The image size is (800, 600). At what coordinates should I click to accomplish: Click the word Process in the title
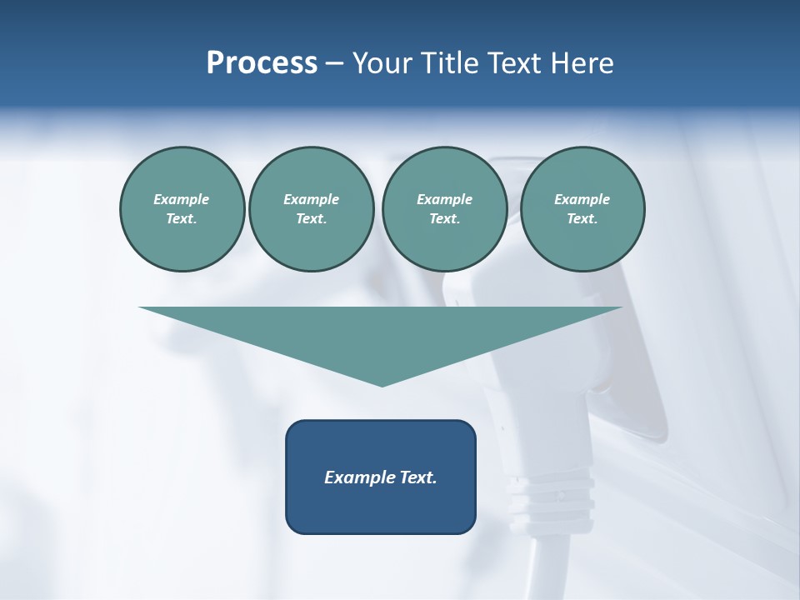[x=262, y=63]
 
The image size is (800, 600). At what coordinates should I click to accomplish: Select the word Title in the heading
[x=449, y=63]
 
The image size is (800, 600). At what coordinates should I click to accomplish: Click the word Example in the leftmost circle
[x=182, y=199]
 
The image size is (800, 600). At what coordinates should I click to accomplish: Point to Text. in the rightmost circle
[x=582, y=218]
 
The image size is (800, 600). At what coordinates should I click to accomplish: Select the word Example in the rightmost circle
[x=582, y=199]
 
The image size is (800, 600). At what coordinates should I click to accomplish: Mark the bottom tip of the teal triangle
[x=382, y=385]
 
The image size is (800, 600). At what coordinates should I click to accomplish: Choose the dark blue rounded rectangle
[x=380, y=508]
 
